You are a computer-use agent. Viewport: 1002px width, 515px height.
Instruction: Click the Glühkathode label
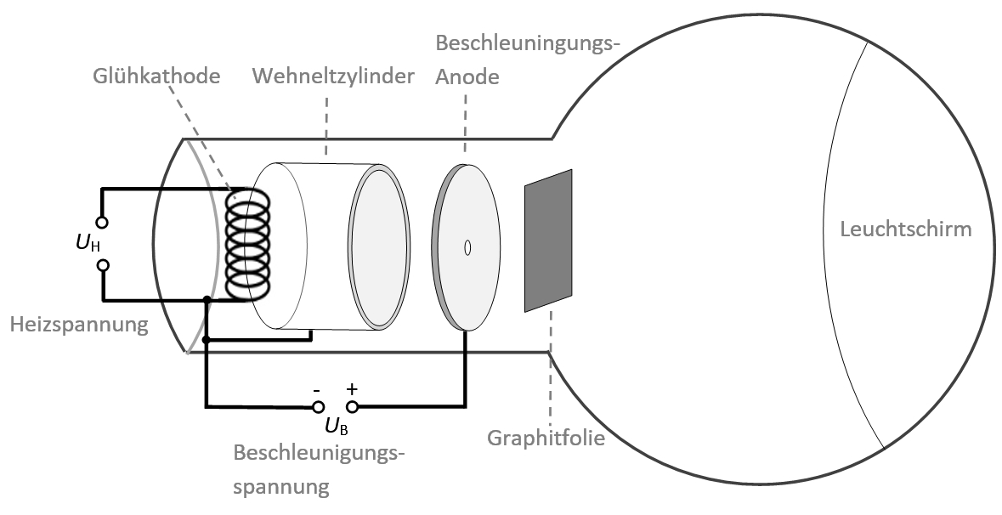pyautogui.click(x=156, y=76)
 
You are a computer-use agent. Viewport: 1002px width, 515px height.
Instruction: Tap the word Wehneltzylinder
pyautogui.click(x=334, y=76)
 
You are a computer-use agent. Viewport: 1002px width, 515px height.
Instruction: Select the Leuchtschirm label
pyautogui.click(x=905, y=229)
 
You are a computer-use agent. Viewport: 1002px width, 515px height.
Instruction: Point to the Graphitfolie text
pyautogui.click(x=546, y=439)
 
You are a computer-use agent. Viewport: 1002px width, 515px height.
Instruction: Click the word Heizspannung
pyautogui.click(x=79, y=324)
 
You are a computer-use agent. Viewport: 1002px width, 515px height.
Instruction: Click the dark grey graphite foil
pyautogui.click(x=549, y=241)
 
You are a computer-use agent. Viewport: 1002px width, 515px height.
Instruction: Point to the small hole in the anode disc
pyautogui.click(x=467, y=247)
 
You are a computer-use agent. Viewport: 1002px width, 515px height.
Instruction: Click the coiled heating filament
pyautogui.click(x=247, y=244)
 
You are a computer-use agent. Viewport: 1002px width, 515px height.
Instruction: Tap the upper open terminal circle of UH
pyautogui.click(x=103, y=223)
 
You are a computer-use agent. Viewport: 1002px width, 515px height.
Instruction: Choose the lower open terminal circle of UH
pyautogui.click(x=103, y=265)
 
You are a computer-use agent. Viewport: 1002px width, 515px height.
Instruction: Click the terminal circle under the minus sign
pyautogui.click(x=317, y=407)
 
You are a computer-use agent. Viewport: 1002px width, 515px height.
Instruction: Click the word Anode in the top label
pyautogui.click(x=467, y=76)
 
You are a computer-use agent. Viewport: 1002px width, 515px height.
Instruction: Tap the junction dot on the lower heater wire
pyautogui.click(x=207, y=299)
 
